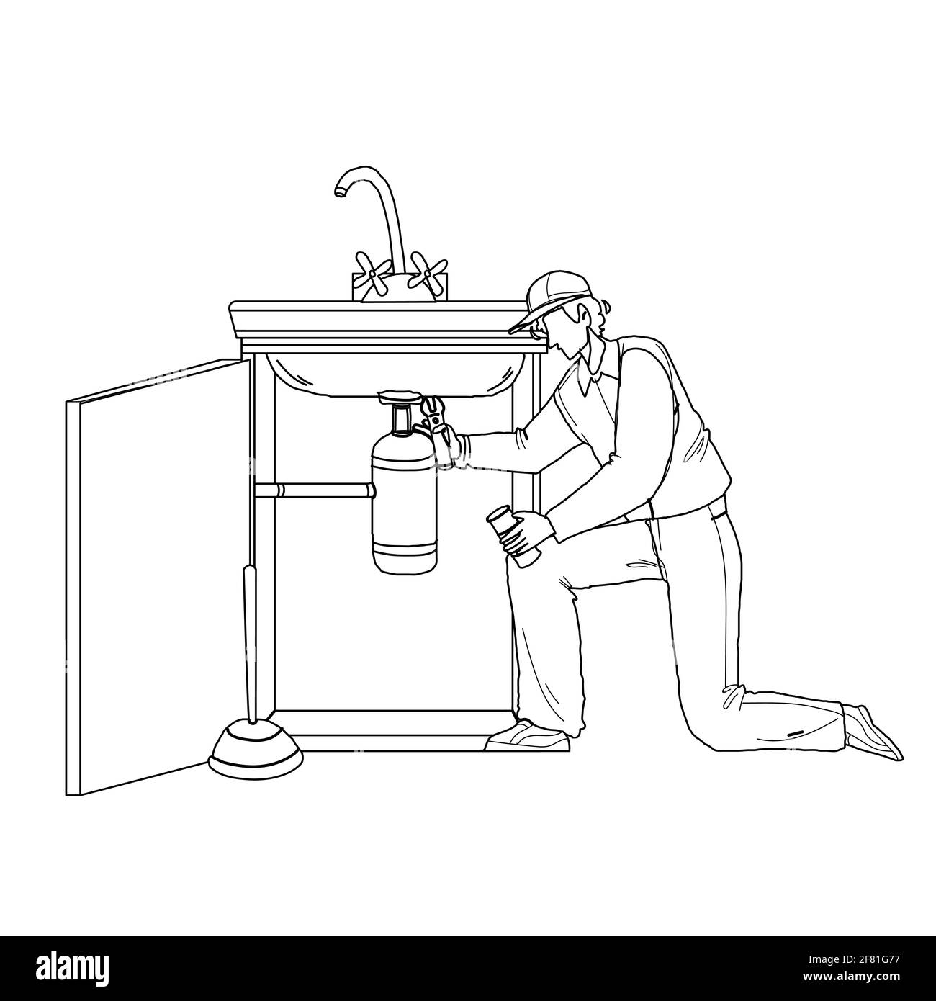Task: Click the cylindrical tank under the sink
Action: pos(404,497)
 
